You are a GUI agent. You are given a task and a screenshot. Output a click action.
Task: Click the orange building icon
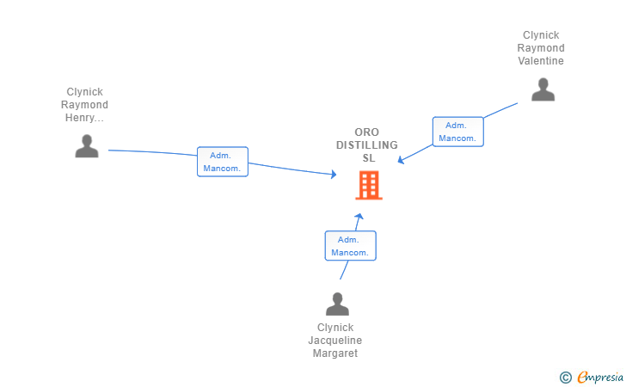[x=369, y=185]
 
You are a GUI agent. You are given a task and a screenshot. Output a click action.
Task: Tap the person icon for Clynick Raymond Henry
[x=87, y=146]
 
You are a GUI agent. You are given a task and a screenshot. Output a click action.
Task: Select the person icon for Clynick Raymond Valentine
[x=543, y=89]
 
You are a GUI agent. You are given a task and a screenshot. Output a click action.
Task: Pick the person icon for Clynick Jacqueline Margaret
[x=337, y=304]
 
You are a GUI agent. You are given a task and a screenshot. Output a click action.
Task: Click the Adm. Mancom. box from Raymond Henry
[x=223, y=162]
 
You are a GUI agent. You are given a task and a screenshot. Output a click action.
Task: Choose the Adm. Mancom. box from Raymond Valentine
[x=458, y=132]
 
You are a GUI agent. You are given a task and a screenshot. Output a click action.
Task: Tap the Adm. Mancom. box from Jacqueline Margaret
[x=351, y=246]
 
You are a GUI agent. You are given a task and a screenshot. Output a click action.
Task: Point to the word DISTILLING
[x=367, y=145]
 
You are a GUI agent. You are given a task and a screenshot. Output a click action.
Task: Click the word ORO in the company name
[x=367, y=132]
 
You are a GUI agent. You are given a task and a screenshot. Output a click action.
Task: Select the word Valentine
[x=541, y=61]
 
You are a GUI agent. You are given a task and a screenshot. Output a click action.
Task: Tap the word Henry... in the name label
[x=84, y=118]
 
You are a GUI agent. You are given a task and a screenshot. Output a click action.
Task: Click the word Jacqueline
[x=335, y=341]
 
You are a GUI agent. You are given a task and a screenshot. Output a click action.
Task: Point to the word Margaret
[x=335, y=353]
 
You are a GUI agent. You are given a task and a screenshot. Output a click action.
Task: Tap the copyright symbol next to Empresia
[x=566, y=378]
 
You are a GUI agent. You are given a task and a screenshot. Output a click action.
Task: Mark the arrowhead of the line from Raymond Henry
[x=334, y=174]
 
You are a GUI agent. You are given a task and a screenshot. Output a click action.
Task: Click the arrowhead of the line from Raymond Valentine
[x=401, y=160]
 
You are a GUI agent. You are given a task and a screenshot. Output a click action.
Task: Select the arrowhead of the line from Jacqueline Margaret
[x=359, y=216]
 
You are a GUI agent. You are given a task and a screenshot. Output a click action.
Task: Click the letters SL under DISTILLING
[x=369, y=158]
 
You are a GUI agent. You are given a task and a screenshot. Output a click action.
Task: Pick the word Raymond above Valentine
[x=541, y=48]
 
